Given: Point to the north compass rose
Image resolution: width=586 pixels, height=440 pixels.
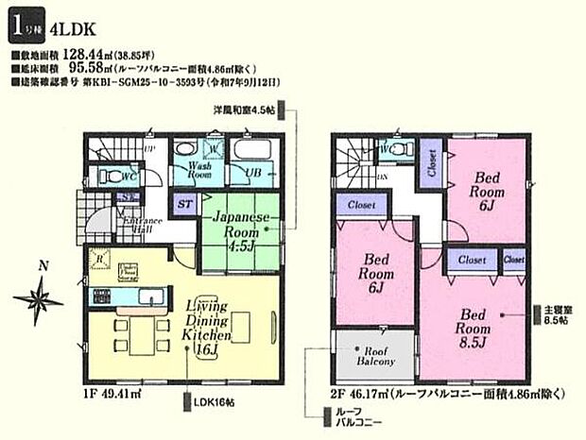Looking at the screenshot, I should click(37, 300).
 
